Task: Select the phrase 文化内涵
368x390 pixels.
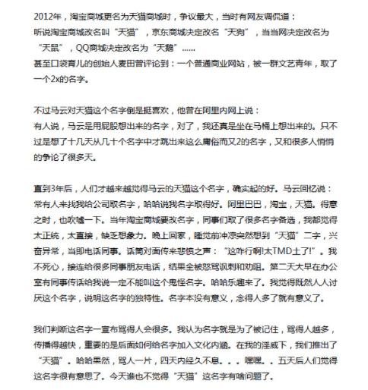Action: tap(220, 348)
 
